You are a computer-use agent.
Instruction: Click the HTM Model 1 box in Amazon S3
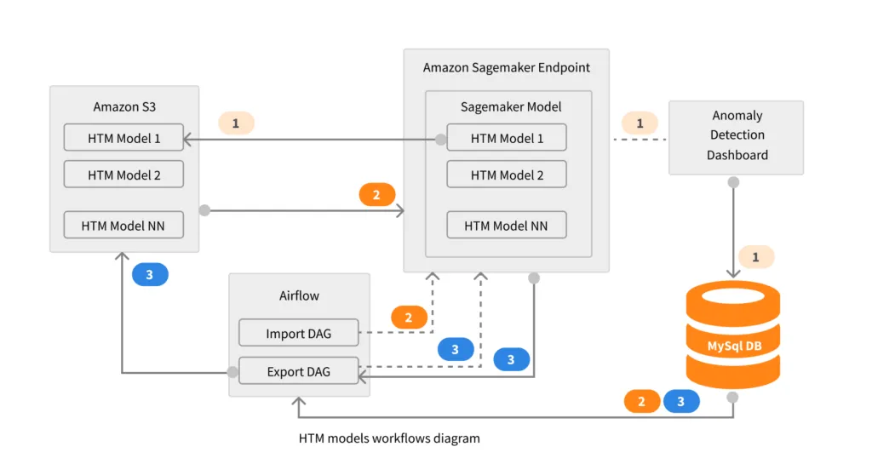(x=123, y=138)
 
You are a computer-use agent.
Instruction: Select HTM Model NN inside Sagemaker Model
(x=506, y=226)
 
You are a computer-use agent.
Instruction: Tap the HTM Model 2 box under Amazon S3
(x=123, y=175)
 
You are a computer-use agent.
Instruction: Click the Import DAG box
(x=298, y=333)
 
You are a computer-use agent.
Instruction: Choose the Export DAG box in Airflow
(x=298, y=371)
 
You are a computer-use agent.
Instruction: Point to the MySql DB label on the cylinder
(x=732, y=347)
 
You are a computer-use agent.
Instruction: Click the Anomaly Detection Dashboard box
(x=737, y=136)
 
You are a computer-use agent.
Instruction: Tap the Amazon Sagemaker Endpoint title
(x=506, y=67)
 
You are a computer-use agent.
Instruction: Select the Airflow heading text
(x=299, y=295)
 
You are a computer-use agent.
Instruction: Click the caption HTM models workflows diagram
(x=389, y=438)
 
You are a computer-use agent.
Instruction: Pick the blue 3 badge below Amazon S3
(x=150, y=275)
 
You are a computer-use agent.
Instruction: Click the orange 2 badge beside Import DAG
(x=409, y=318)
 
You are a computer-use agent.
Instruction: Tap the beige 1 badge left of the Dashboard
(x=640, y=123)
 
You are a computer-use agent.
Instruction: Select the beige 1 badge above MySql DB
(x=756, y=255)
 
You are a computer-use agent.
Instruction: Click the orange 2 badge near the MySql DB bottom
(x=642, y=402)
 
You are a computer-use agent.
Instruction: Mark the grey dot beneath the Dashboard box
(x=733, y=182)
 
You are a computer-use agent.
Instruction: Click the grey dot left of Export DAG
(x=232, y=372)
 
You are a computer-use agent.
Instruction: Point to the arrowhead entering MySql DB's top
(x=733, y=273)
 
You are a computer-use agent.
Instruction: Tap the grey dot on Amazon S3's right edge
(x=204, y=209)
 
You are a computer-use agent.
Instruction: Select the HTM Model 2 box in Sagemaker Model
(x=506, y=175)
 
